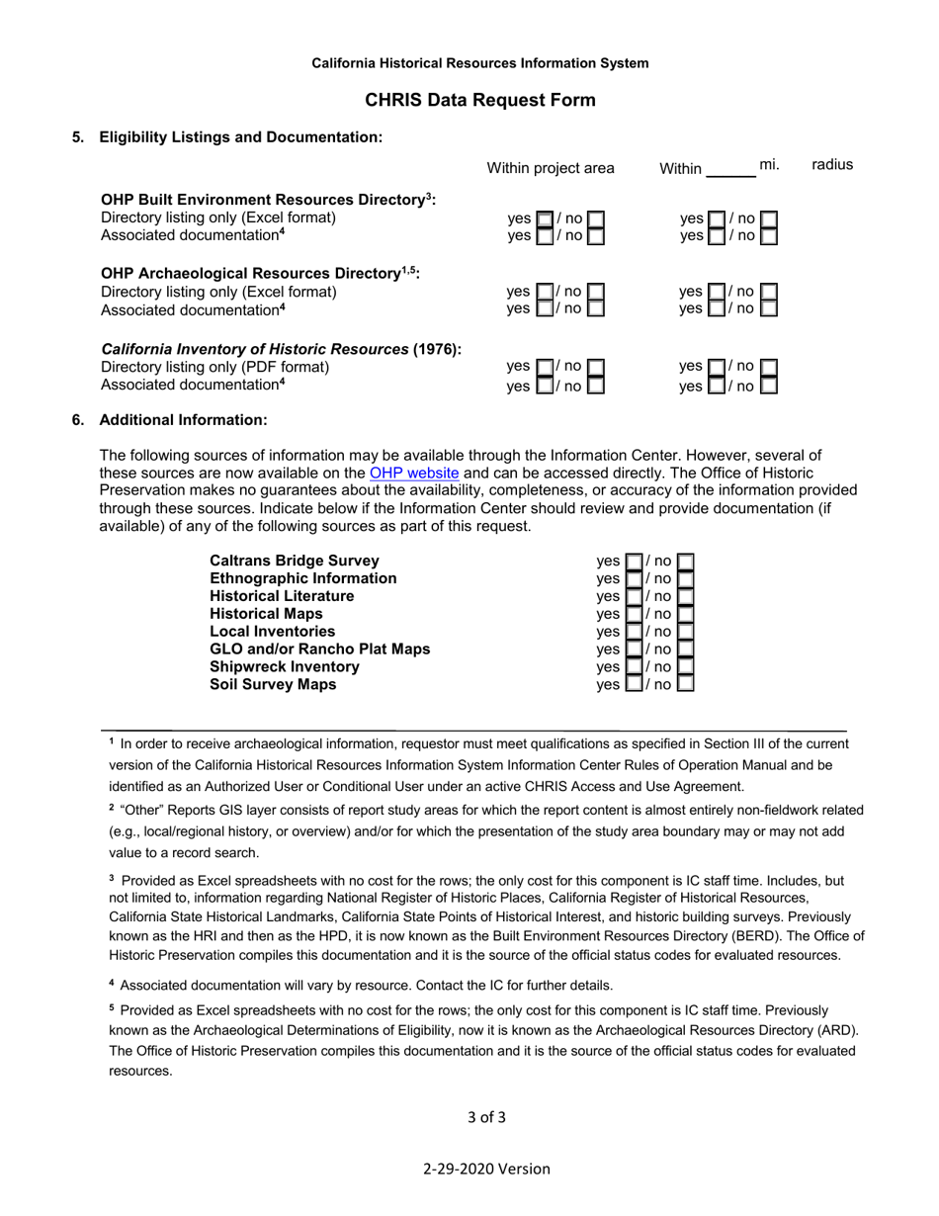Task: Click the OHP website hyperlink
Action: pos(413,473)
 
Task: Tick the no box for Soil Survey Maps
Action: pos(685,684)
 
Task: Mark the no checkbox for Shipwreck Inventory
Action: pos(685,667)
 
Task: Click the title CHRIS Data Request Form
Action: pos(480,100)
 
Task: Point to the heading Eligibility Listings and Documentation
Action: pos(240,137)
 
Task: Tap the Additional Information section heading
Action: pos(183,420)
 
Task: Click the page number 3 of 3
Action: pos(486,1118)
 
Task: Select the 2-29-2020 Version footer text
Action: pos(486,1169)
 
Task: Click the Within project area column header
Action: pos(551,168)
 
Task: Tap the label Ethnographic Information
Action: pos(302,578)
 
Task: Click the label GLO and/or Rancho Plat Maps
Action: pos(319,650)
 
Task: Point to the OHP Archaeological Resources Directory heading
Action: pos(260,273)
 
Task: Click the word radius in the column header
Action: pos(831,165)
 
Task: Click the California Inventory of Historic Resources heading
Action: pos(282,349)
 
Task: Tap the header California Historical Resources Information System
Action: pos(480,63)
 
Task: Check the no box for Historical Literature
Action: pos(685,596)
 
